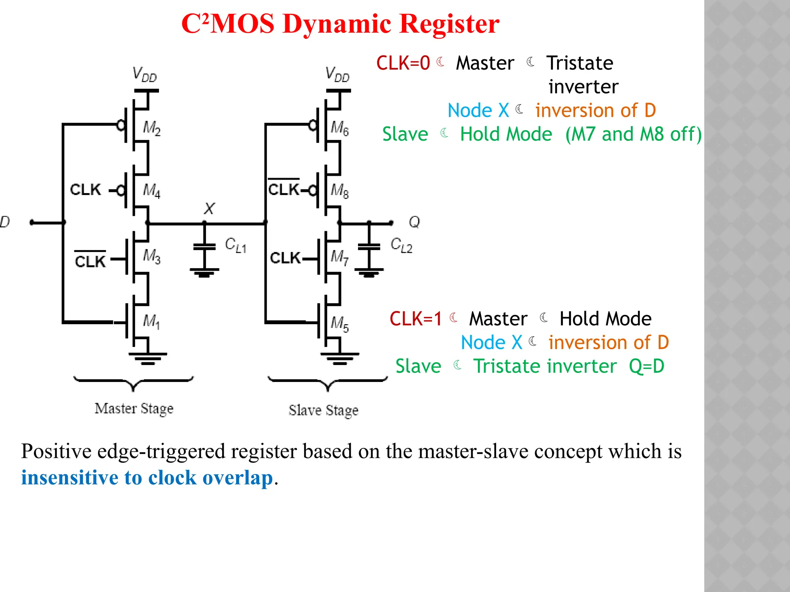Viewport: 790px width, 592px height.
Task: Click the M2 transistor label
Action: [152, 128]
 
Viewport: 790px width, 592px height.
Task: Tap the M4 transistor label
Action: [152, 190]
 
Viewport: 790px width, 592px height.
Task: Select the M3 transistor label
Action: [152, 256]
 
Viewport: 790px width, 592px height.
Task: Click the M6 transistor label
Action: [339, 128]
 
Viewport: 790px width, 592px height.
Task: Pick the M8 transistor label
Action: [339, 190]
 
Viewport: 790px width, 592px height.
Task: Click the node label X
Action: [209, 209]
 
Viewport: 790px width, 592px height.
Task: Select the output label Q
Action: [414, 222]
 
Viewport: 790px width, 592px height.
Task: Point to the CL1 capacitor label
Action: [235, 245]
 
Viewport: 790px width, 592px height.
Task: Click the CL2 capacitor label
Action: [401, 245]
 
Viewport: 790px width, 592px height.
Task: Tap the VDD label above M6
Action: [337, 74]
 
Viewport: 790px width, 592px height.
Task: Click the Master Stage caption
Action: [134, 409]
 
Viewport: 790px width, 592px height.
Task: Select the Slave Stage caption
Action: [323, 410]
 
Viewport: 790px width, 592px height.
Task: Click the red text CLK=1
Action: [415, 319]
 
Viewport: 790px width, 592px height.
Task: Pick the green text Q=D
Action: [647, 366]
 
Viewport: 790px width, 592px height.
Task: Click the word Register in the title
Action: [449, 24]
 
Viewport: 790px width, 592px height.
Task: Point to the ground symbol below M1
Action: [148, 358]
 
